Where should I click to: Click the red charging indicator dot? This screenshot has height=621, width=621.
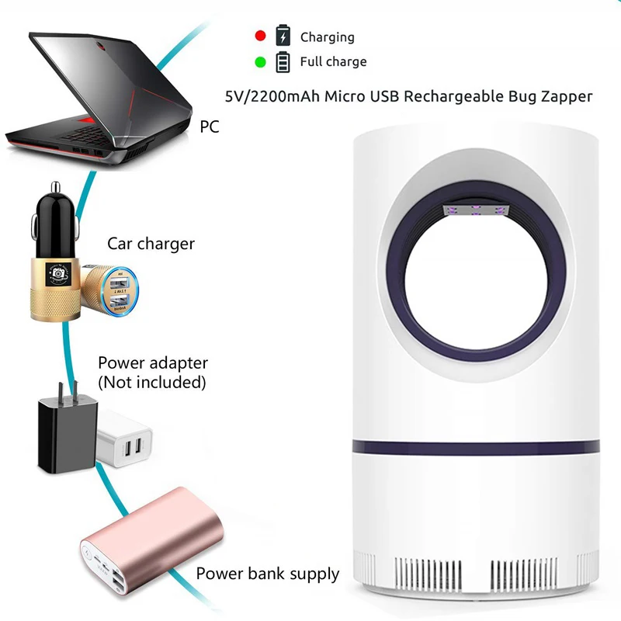[261, 36]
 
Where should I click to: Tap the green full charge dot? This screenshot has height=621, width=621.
[261, 61]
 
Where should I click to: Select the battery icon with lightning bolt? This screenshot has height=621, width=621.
[283, 36]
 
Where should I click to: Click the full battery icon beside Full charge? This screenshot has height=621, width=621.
[283, 61]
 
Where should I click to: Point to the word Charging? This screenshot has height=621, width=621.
[327, 36]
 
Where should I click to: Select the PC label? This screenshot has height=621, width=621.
[210, 127]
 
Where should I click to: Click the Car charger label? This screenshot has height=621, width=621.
[151, 244]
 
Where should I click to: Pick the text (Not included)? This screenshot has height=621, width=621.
[152, 382]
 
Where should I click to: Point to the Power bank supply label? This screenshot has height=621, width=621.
[268, 574]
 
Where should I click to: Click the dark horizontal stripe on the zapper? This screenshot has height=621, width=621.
[478, 448]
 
